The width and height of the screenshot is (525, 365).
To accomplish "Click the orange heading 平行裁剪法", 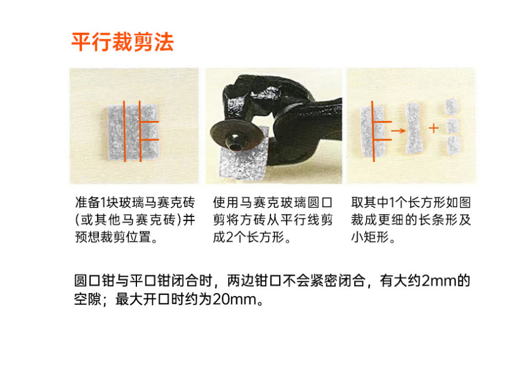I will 122,42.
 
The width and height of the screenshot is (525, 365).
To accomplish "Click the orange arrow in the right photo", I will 398,130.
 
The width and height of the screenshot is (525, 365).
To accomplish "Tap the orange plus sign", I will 434,128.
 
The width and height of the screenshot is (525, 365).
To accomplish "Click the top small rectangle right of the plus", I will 451,106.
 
